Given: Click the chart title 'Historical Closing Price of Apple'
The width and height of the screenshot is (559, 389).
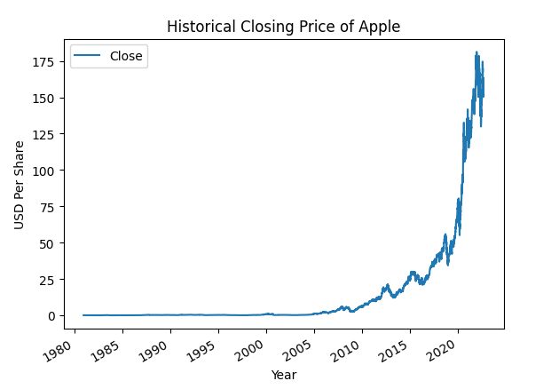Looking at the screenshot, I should click(x=283, y=27).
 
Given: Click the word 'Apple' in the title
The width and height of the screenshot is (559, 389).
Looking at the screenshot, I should click(x=380, y=27).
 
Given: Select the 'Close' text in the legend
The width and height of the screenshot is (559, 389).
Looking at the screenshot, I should click(x=126, y=56).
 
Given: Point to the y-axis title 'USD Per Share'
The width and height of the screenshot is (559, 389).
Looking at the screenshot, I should click(x=20, y=185).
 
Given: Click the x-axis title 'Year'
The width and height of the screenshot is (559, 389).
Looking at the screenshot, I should click(x=284, y=375).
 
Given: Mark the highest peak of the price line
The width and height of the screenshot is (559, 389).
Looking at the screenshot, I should click(x=476, y=52).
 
